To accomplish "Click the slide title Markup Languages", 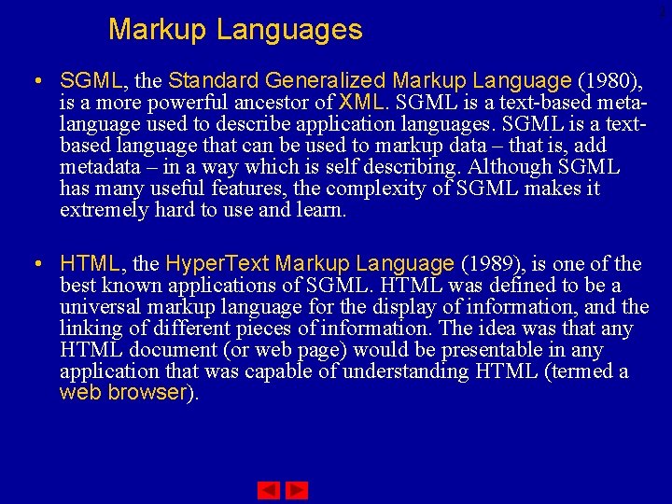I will click(235, 30).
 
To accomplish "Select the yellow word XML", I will click(360, 102).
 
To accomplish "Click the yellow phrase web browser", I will click(123, 393).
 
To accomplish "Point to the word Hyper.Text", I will click(216, 264).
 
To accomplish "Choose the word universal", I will click(102, 307).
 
